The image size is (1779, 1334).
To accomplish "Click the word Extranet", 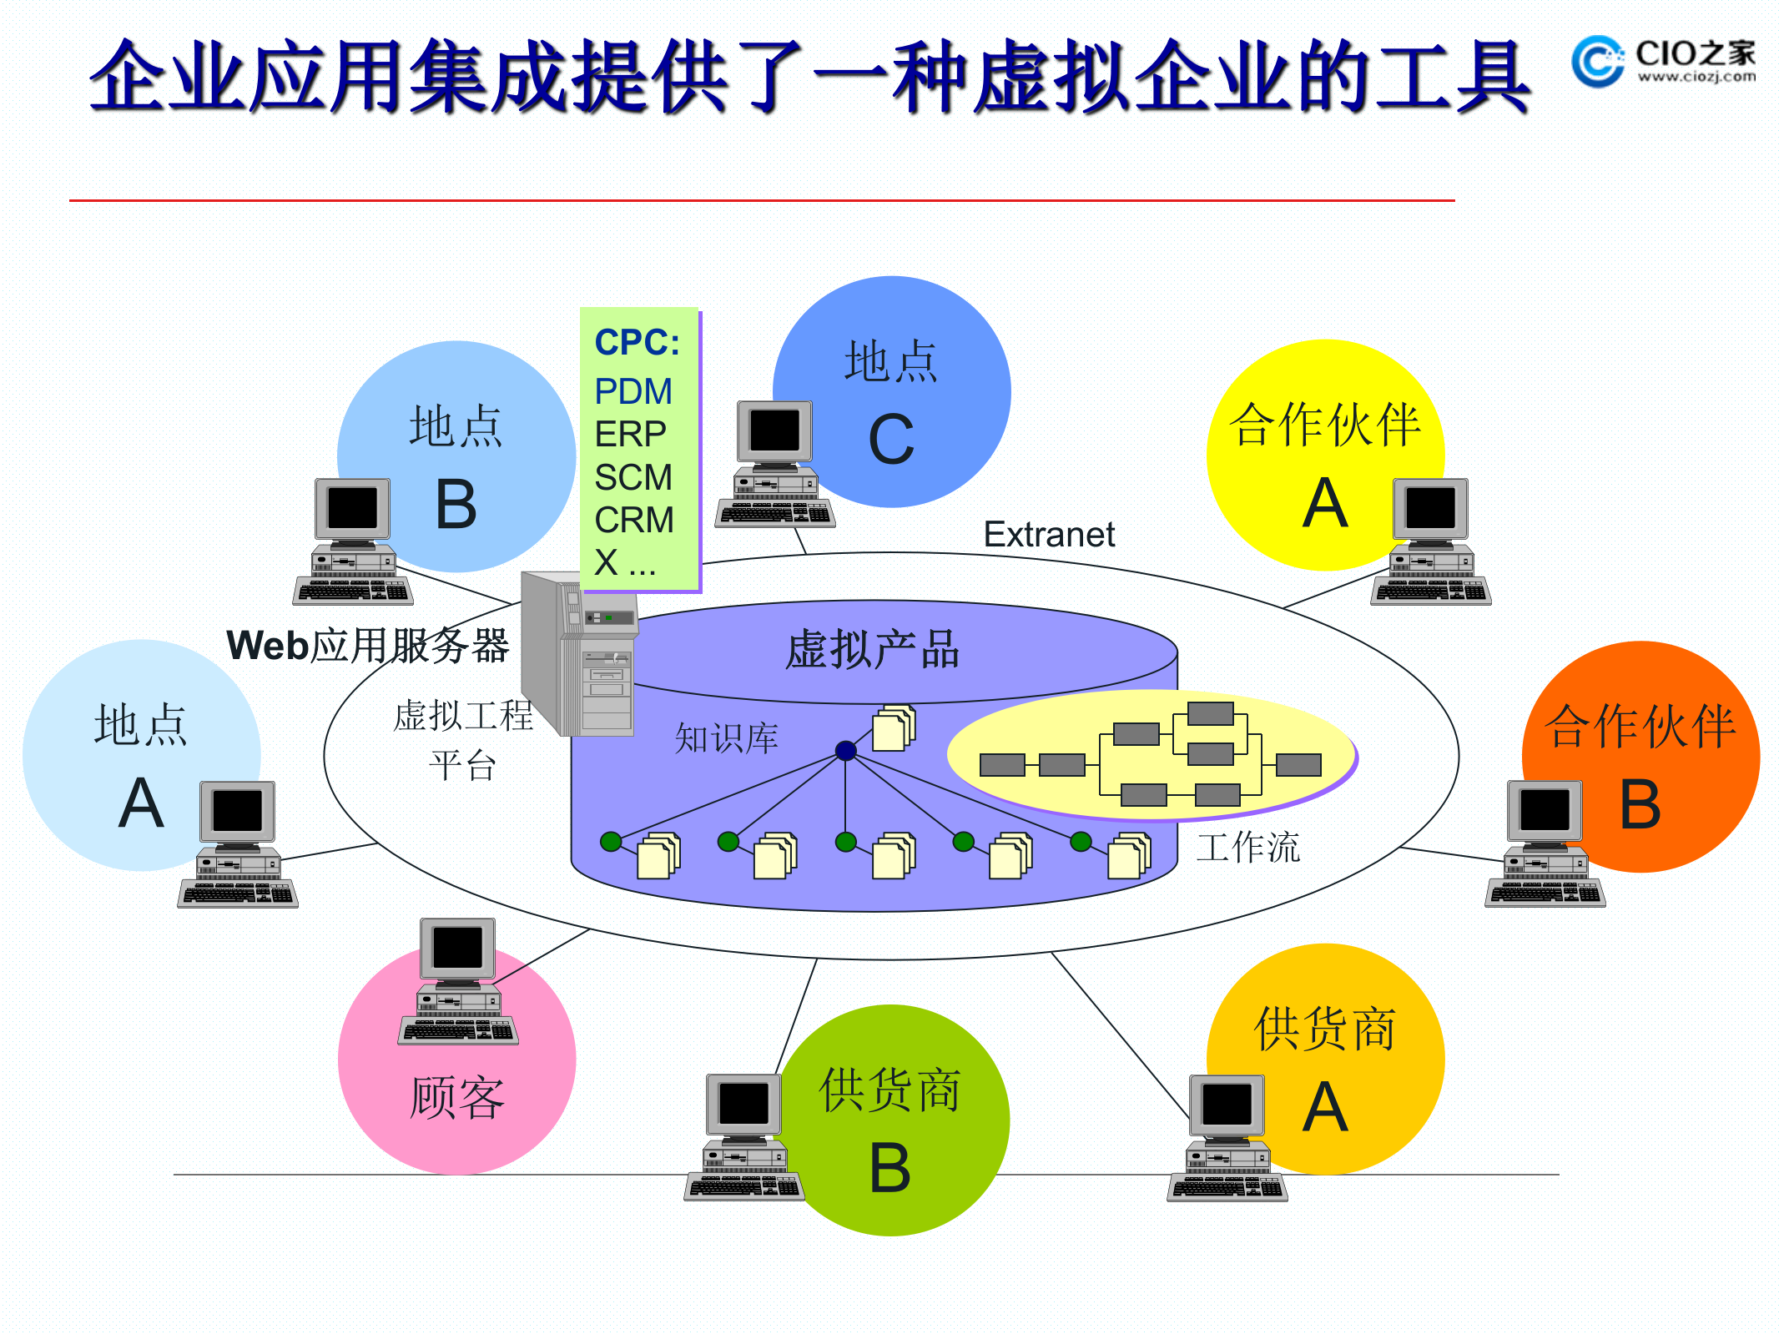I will pos(1048,534).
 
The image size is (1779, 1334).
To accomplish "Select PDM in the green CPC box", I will pos(632,391).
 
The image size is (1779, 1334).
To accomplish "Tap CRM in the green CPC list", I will pos(633,520).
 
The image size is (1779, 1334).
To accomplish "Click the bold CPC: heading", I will pos(637,342).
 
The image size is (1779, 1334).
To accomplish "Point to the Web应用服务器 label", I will pos(367,645).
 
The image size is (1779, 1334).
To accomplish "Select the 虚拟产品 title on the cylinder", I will pos(872,650).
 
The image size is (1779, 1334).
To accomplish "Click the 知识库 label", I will pos(725,738).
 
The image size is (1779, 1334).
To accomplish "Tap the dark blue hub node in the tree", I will pos(845,750).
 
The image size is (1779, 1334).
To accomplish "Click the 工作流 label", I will pos(1247,848).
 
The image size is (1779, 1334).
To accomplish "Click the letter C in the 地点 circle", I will pos(890,440).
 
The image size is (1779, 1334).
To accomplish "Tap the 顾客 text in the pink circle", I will pos(456,1097).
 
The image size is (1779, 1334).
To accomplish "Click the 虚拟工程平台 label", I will pos(462,739).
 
